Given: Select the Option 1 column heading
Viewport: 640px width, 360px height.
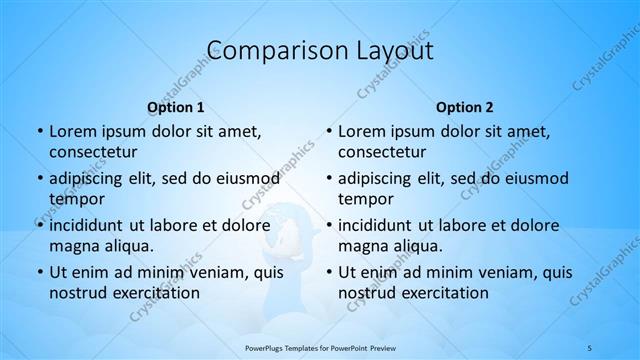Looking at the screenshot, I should pos(176,107).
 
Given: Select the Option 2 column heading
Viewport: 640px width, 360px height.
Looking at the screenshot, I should pos(465,107).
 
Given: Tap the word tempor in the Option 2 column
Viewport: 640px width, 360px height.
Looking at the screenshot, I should pos(366,199).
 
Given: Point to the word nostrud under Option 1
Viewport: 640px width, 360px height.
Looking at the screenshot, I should pos(78,293).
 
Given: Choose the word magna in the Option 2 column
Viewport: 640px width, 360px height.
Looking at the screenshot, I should pos(361,246).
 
